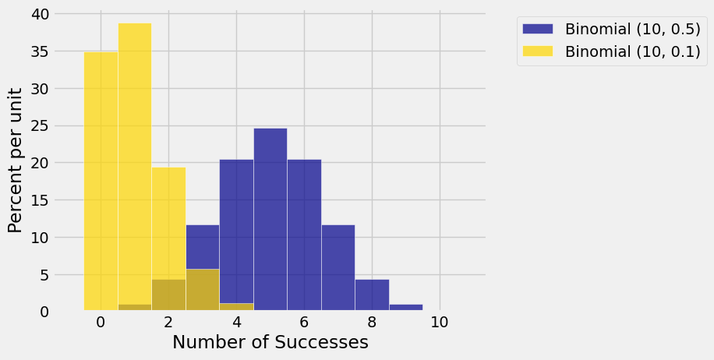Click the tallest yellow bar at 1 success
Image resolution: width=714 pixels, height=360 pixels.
click(x=135, y=164)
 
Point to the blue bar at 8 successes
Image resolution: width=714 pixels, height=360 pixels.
click(x=372, y=295)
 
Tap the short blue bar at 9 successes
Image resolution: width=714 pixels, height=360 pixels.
click(x=406, y=308)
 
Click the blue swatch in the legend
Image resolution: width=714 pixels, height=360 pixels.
click(x=537, y=29)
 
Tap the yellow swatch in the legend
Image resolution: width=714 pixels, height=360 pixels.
click(x=537, y=51)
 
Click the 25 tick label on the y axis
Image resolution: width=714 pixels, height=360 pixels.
click(x=40, y=126)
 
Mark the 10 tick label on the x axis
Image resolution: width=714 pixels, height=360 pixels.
click(x=440, y=323)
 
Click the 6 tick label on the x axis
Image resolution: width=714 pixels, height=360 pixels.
click(x=304, y=323)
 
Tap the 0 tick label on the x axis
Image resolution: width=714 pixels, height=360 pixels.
click(x=101, y=323)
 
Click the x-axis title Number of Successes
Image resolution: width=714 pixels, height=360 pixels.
click(x=270, y=343)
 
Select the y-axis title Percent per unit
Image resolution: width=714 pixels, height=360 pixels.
click(x=16, y=160)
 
